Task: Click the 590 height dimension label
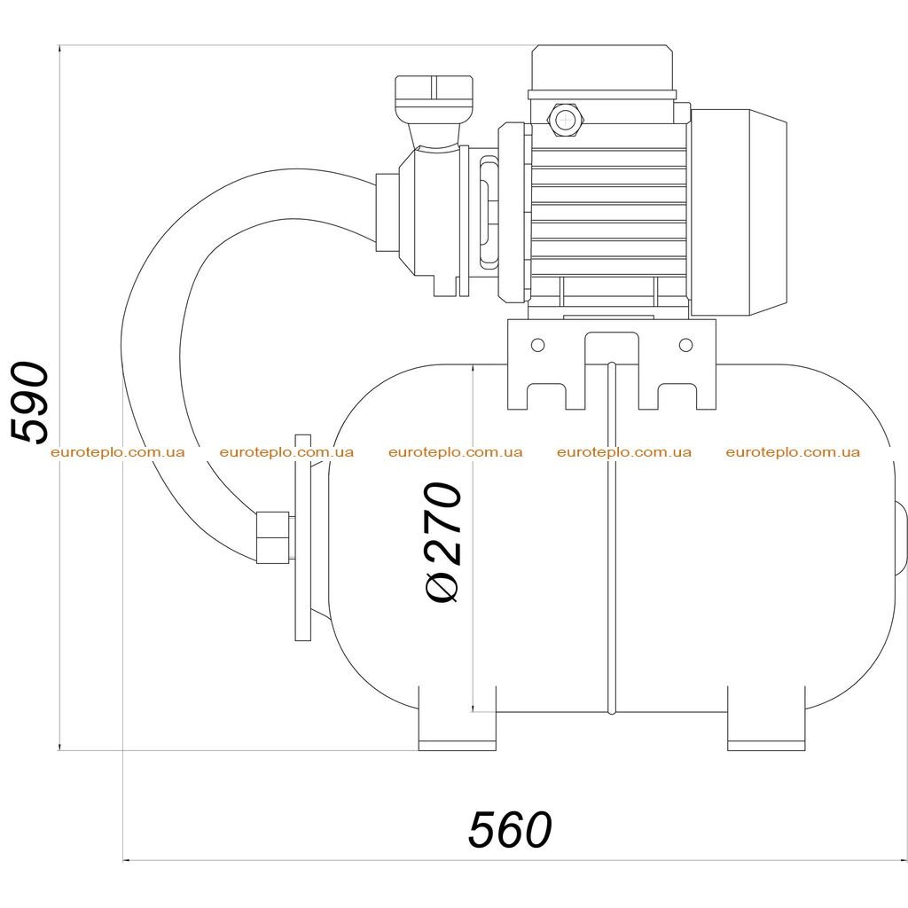click(30, 403)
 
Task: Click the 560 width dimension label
click(510, 830)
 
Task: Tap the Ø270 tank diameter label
click(444, 543)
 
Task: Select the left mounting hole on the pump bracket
click(537, 345)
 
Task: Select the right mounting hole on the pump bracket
click(685, 345)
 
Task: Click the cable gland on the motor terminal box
click(563, 120)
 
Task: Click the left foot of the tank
click(457, 718)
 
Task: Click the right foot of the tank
click(765, 718)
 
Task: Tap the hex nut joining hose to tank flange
click(273, 537)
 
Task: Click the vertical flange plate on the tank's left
click(303, 537)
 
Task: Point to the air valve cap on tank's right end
click(901, 538)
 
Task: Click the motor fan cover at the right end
click(739, 213)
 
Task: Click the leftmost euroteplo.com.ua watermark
click(118, 452)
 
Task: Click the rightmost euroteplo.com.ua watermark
click(793, 452)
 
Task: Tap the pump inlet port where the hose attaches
click(387, 213)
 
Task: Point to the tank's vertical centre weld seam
click(612, 537)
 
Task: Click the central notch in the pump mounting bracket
click(612, 348)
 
